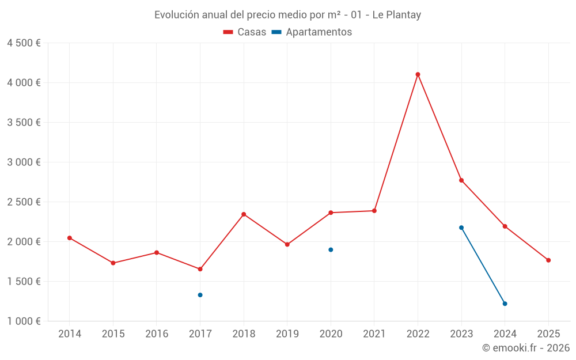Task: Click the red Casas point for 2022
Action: click(x=418, y=74)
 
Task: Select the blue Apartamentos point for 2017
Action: click(x=200, y=295)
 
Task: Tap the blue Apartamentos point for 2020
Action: click(x=331, y=249)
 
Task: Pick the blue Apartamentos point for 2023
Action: click(x=461, y=228)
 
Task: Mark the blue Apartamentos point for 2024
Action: click(x=505, y=304)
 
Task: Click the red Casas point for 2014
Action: click(x=70, y=238)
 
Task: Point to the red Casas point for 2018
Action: click(x=244, y=214)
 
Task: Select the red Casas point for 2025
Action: click(x=548, y=260)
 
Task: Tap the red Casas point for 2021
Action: click(x=374, y=211)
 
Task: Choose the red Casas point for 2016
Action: click(x=157, y=252)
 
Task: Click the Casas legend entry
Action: click(x=245, y=32)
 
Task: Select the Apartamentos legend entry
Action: click(x=312, y=32)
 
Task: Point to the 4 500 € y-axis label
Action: click(x=24, y=43)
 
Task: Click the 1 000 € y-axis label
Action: click(x=24, y=321)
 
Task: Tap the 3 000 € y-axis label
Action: click(x=24, y=162)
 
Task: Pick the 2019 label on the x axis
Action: click(x=287, y=334)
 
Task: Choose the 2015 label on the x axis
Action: click(x=113, y=334)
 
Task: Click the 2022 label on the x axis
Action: click(x=418, y=334)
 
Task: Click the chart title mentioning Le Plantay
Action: click(x=287, y=15)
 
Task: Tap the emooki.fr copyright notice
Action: click(x=525, y=348)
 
